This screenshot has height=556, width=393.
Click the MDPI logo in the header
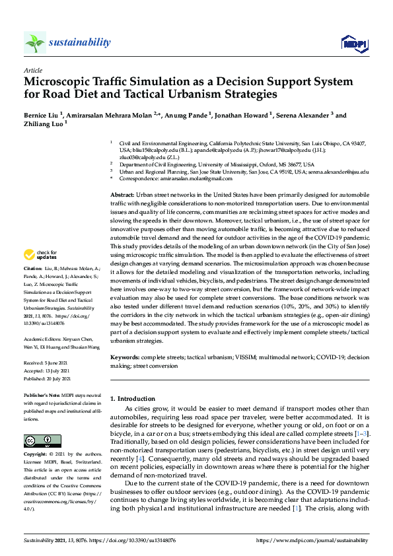(353, 44)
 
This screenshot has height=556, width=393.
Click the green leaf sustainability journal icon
(34, 44)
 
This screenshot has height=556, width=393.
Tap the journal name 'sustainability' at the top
(81, 43)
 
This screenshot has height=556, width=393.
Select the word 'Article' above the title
(33, 69)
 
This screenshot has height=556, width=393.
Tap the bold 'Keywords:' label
(125, 357)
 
